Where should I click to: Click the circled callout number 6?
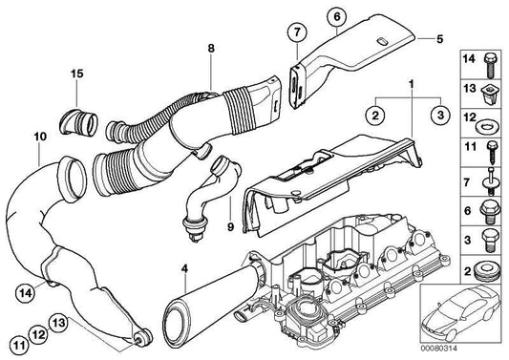pos(337,16)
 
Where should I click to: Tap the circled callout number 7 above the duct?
pos(297,32)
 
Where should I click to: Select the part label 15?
pos(77,74)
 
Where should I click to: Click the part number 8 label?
pos(211,49)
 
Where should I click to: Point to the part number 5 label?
pos(439,39)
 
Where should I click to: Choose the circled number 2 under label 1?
pos(375,115)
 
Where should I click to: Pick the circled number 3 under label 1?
pos(440,115)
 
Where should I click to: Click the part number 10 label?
pos(40,137)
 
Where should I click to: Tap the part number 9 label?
pos(230,227)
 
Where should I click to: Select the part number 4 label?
pos(184,268)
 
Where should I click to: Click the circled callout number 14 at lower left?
pos(26,292)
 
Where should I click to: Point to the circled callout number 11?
pos(19,345)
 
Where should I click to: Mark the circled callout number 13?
pos(59,323)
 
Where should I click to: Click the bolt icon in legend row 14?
pos(490,65)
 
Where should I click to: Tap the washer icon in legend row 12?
pos(485,125)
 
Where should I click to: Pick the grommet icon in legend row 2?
pos(485,271)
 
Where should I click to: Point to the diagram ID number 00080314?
pos(439,349)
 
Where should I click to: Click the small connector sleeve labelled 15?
pos(78,122)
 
